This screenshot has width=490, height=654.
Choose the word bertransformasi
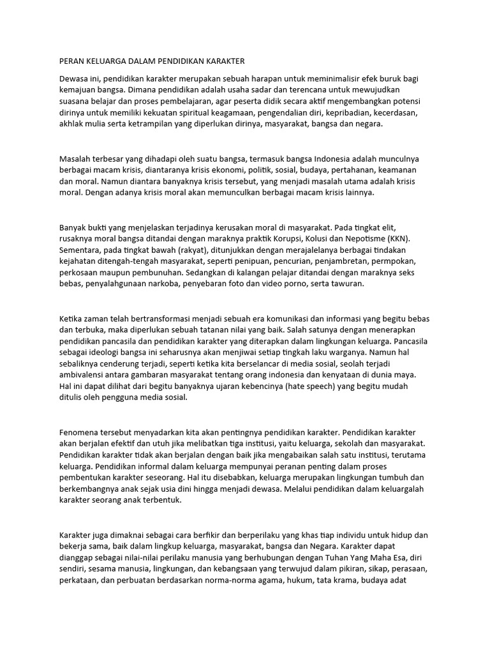[151, 318]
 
